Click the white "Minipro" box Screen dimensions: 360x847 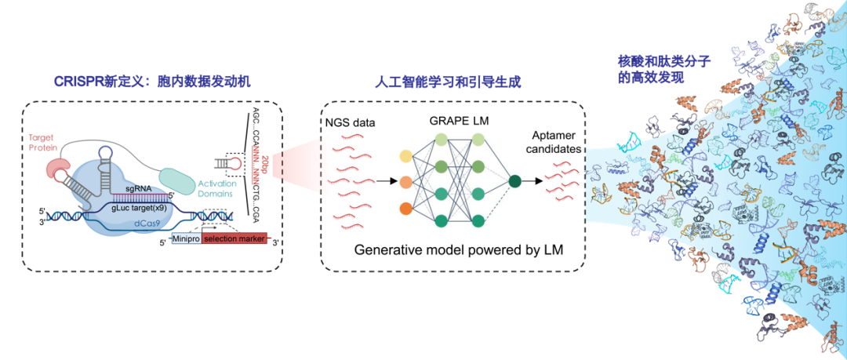(186, 237)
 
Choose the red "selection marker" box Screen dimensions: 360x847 (234, 237)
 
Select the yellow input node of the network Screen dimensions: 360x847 (405, 156)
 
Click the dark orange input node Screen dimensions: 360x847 (405, 209)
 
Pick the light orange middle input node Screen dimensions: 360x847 (405, 182)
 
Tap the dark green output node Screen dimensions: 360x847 (514, 182)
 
